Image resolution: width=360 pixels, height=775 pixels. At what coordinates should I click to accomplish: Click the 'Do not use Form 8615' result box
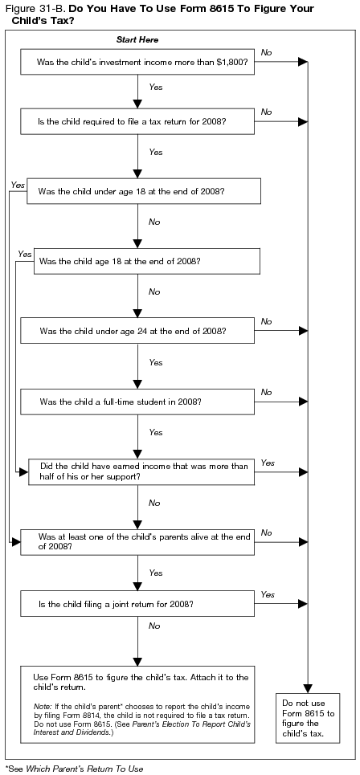[308, 717]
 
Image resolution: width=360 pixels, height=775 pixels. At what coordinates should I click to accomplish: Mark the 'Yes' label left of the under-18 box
[18, 185]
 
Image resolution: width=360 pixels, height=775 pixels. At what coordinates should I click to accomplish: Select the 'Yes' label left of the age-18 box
[24, 254]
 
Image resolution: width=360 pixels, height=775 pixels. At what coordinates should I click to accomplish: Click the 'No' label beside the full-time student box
[266, 391]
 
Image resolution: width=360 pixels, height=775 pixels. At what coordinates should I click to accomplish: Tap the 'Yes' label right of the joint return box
[268, 593]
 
